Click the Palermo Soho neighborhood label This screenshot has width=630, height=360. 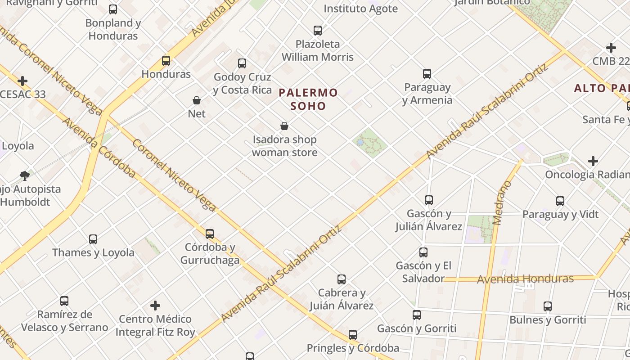pos(308,99)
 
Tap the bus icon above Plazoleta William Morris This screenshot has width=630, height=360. pos(318,31)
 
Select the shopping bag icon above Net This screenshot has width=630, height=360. pos(197,100)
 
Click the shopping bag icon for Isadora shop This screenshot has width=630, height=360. pos(284,126)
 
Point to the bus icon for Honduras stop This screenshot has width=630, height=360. pos(166,60)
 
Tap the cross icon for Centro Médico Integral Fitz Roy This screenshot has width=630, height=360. pos(155,306)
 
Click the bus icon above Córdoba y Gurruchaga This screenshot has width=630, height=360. pos(210,234)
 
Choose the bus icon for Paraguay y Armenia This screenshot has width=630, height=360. pos(427,74)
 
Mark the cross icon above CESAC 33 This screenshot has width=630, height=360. pos(22,81)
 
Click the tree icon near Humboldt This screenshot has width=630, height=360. pos(25,175)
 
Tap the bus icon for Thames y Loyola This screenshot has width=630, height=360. pos(93,239)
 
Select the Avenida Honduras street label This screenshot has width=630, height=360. pos(525,279)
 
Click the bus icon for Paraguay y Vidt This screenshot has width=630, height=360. pos(560,201)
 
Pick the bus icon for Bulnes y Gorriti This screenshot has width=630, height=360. pos(548,306)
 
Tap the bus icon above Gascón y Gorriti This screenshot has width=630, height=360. pos(417,315)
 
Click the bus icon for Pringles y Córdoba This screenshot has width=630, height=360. pos(353,335)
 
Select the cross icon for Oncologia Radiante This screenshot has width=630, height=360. pos(593,161)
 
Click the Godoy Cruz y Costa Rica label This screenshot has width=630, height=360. pos(243,84)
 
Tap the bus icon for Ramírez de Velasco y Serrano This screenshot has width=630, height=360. pos(64,301)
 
